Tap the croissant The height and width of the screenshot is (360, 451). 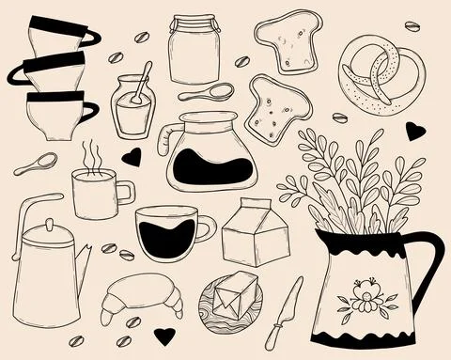145,296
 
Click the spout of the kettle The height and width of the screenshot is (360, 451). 85,256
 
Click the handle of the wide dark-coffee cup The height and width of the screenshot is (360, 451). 205,228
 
